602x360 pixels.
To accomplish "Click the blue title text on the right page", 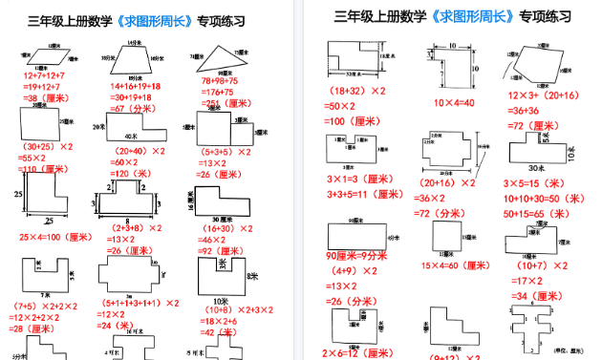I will click(462, 17).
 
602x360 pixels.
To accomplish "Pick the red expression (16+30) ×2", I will click(225, 228).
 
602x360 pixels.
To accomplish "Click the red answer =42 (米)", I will click(221, 332).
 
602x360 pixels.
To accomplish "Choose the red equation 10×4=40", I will click(455, 102).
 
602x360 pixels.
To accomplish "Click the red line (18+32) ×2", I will click(357, 91).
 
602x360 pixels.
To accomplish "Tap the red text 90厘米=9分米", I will click(355, 255).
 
